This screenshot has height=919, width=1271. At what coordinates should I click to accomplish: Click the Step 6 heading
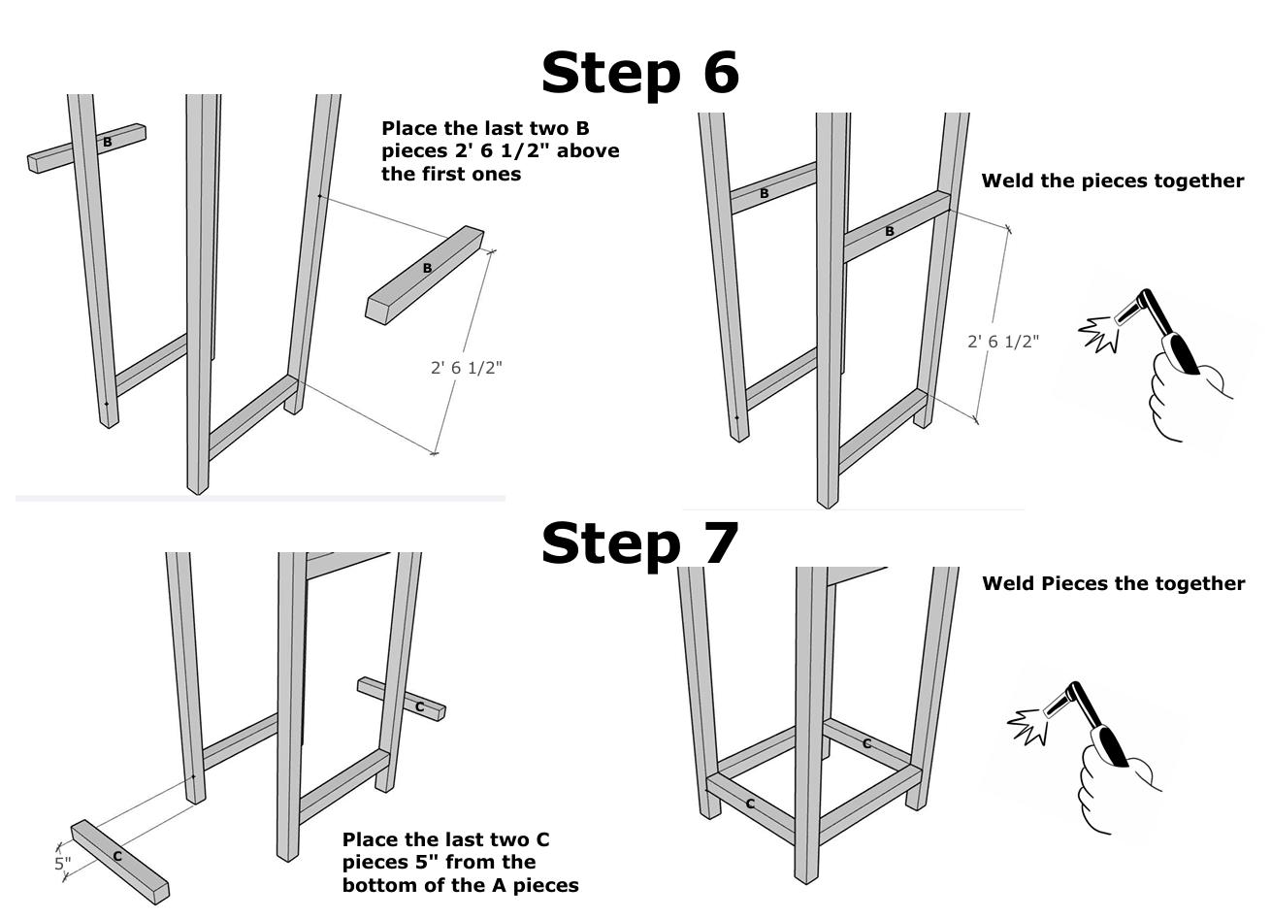pyautogui.click(x=639, y=73)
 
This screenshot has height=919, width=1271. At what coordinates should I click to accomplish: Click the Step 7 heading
pyautogui.click(x=639, y=542)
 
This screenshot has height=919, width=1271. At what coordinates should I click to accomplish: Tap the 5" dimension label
pyautogui.click(x=63, y=862)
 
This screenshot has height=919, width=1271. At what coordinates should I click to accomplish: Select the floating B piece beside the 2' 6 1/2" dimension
pyautogui.click(x=425, y=275)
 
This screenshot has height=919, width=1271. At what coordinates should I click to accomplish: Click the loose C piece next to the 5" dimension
pyautogui.click(x=119, y=861)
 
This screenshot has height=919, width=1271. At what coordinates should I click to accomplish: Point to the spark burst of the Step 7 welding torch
pyautogui.click(x=1030, y=723)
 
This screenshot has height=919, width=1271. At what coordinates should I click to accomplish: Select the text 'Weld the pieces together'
pyautogui.click(x=1112, y=181)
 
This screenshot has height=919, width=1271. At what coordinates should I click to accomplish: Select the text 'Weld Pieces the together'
pyautogui.click(x=1113, y=583)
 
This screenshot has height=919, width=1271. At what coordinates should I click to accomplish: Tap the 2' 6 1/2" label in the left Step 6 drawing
pyautogui.click(x=467, y=368)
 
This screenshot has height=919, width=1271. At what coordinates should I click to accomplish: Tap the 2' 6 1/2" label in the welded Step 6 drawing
pyautogui.click(x=1003, y=342)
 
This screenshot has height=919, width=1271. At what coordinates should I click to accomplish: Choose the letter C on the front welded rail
pyautogui.click(x=750, y=804)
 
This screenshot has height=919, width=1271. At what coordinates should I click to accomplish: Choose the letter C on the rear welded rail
pyautogui.click(x=866, y=743)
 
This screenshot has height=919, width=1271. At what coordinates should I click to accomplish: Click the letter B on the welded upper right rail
pyautogui.click(x=889, y=231)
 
